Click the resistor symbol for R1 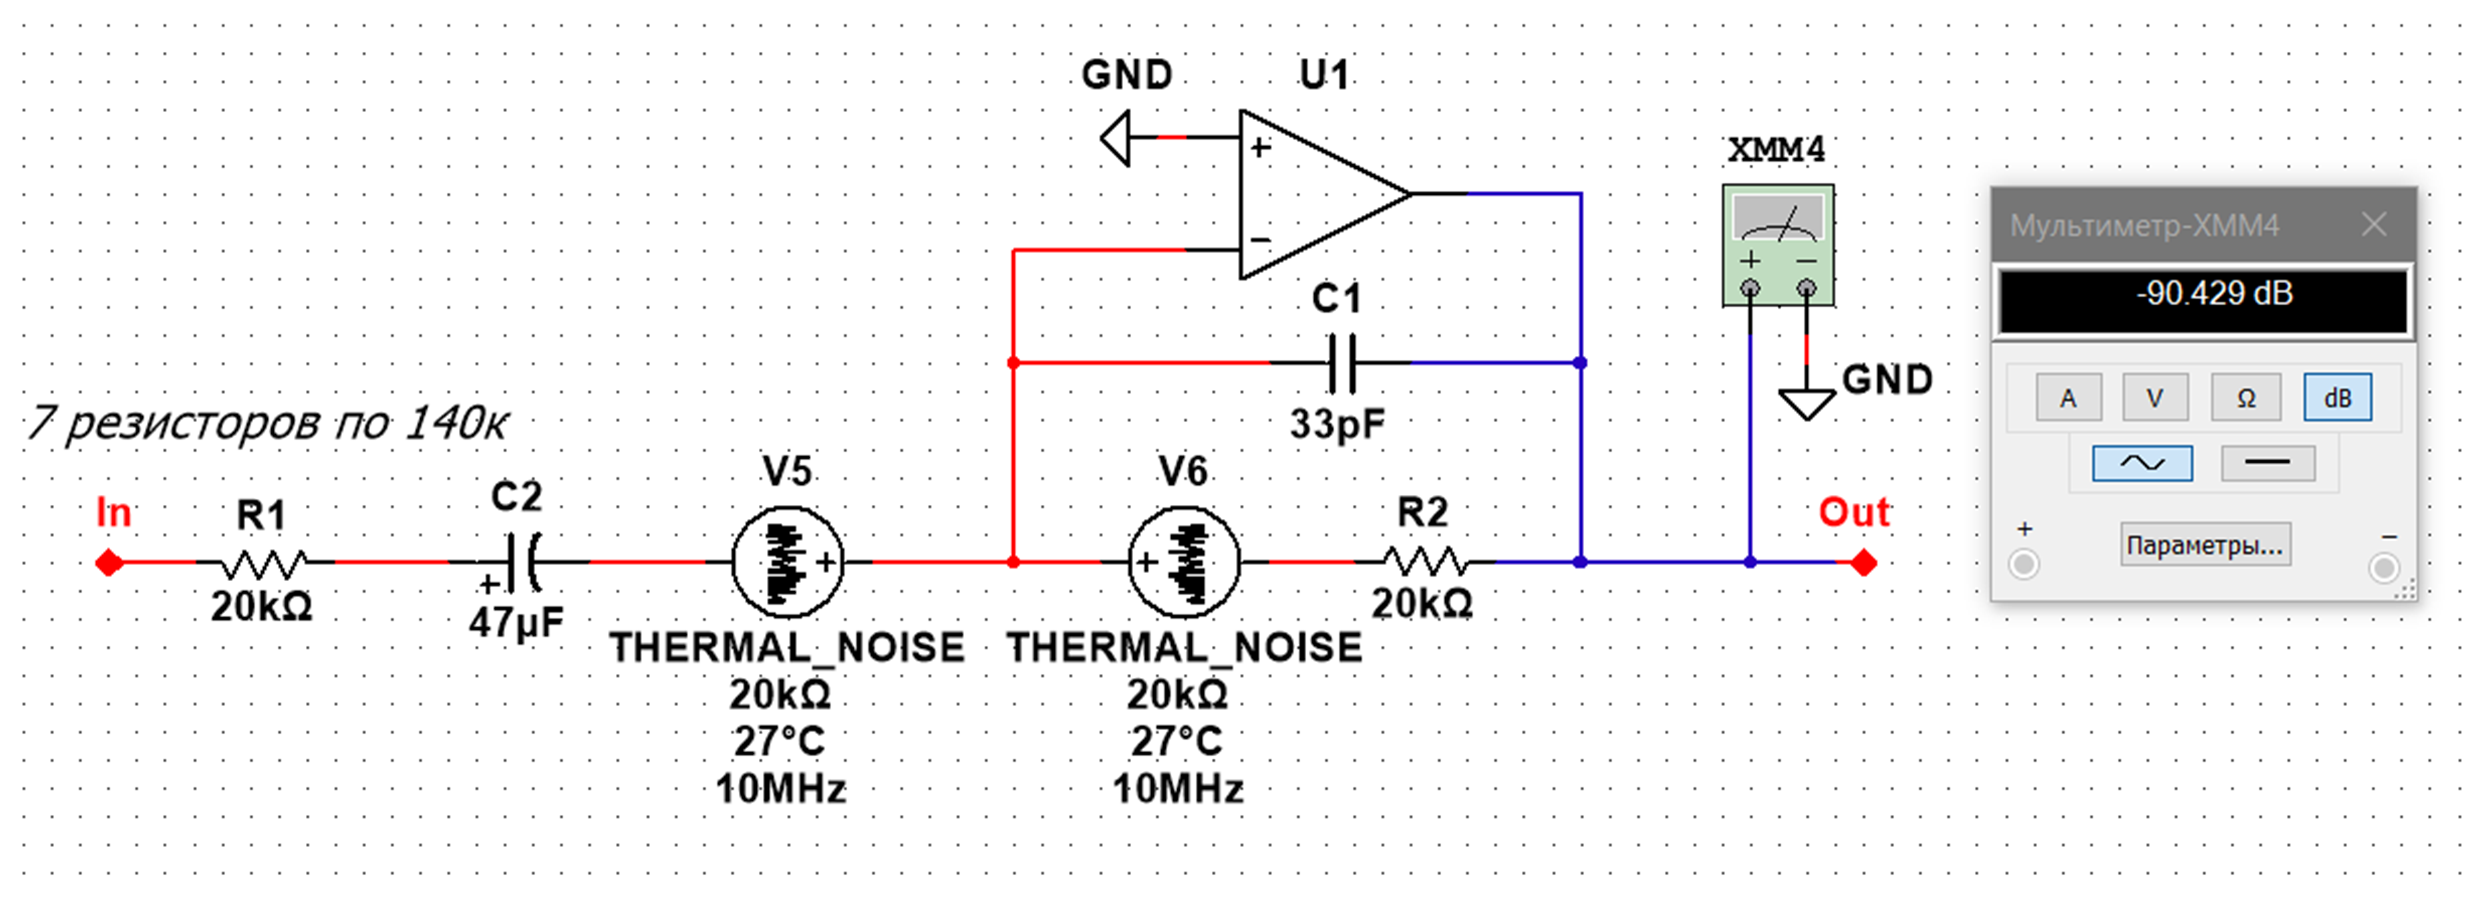pyautogui.click(x=263, y=563)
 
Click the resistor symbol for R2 pyautogui.click(x=1425, y=563)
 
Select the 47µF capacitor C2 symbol pyautogui.click(x=522, y=563)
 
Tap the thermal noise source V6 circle pyautogui.click(x=1184, y=563)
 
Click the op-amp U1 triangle pyautogui.click(x=1313, y=194)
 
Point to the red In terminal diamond pyautogui.click(x=109, y=563)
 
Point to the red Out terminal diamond pyautogui.click(x=1863, y=563)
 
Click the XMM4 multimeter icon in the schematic pyautogui.click(x=1778, y=244)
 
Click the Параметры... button pyautogui.click(x=2205, y=545)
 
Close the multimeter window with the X pyautogui.click(x=2374, y=225)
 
